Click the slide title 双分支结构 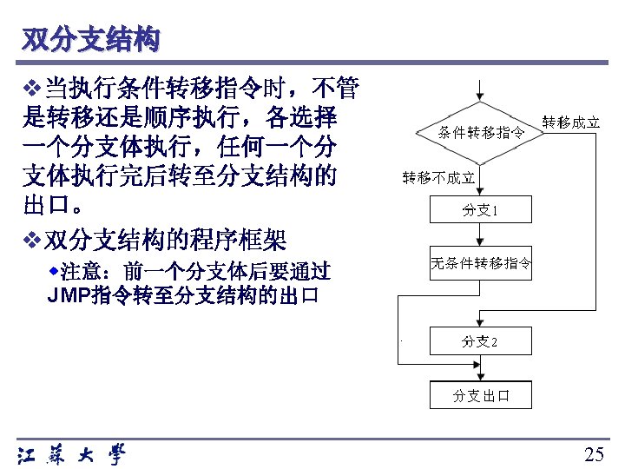coord(91,39)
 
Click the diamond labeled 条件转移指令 coord(481,133)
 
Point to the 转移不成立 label coord(437,178)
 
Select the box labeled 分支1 coord(481,210)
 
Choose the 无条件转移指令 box coord(481,263)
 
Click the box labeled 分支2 coord(481,341)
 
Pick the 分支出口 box coord(481,396)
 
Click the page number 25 coord(594,453)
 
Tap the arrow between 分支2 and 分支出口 coord(481,369)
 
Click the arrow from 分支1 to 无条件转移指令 coord(481,236)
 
